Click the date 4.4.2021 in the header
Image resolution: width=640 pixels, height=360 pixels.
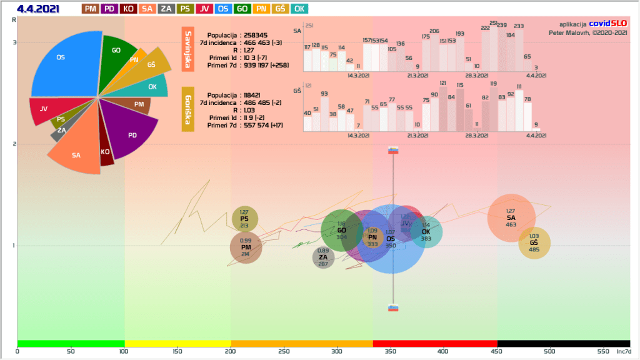(x=39, y=9)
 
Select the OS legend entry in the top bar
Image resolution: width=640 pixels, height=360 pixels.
(x=223, y=9)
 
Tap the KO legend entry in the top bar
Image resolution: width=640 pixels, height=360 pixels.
(x=129, y=9)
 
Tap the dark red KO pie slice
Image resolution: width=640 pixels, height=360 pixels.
(x=106, y=154)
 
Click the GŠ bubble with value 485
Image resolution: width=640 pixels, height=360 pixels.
(x=534, y=243)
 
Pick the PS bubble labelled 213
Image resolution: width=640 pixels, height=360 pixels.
(x=245, y=219)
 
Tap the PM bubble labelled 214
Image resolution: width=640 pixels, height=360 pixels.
(x=246, y=247)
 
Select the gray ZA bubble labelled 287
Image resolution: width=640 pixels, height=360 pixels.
(x=323, y=257)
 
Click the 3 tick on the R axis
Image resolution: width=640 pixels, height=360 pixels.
(x=14, y=42)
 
